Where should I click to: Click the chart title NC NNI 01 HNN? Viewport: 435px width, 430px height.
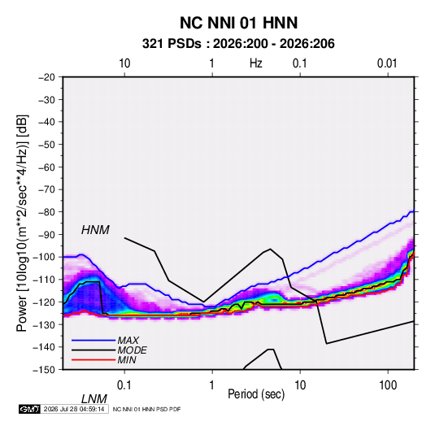click(x=238, y=23)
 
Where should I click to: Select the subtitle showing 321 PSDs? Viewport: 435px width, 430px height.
click(x=238, y=44)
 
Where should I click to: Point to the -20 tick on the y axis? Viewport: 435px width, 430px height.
click(x=46, y=77)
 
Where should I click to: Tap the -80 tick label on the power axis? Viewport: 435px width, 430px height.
click(x=46, y=212)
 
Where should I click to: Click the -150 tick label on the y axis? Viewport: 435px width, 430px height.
click(x=44, y=370)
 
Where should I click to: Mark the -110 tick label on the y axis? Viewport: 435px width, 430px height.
click(x=44, y=280)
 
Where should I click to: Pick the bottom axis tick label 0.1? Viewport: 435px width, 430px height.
click(x=124, y=385)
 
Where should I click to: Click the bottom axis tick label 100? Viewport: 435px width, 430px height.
click(x=388, y=385)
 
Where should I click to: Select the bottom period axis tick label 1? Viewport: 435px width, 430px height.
click(x=211, y=385)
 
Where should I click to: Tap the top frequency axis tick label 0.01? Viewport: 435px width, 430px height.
click(x=387, y=63)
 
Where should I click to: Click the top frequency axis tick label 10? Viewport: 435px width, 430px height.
click(x=124, y=63)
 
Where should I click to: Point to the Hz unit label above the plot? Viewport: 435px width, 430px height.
click(x=256, y=63)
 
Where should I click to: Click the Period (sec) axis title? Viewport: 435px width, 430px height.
click(x=256, y=394)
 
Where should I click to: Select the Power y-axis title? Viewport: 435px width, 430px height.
click(x=22, y=224)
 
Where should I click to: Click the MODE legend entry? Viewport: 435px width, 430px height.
click(x=109, y=350)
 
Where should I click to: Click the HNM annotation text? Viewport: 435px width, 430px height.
click(x=95, y=230)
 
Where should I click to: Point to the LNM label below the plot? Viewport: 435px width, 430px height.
click(x=94, y=399)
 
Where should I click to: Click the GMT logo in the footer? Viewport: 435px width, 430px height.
click(x=30, y=409)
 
